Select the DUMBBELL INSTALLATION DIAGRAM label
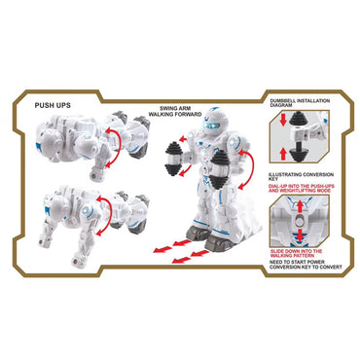pyautogui.click(x=293, y=103)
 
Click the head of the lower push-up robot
pyautogui.click(x=45, y=208)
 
